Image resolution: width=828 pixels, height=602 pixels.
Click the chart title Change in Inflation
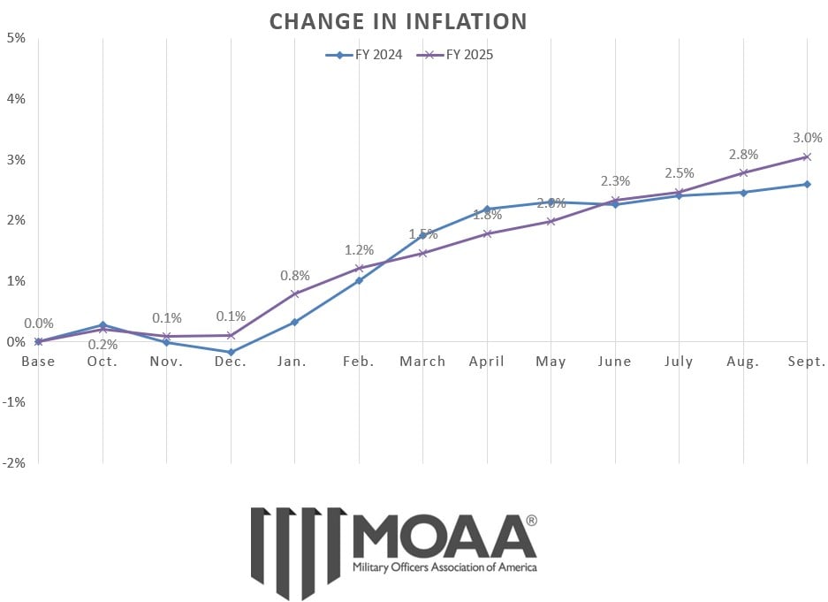point(398,20)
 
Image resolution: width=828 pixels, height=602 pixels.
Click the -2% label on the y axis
point(13,462)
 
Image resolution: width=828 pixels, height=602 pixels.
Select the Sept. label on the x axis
point(806,362)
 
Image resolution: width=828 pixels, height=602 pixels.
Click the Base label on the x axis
point(38,362)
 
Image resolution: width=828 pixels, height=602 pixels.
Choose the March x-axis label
point(422,362)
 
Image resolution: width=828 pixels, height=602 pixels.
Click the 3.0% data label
point(808,138)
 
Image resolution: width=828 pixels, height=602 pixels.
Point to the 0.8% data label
point(295,275)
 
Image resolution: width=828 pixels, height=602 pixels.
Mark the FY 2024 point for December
point(231,352)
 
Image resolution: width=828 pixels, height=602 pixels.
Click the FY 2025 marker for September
point(807,156)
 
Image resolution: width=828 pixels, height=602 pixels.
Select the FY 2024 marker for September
point(807,184)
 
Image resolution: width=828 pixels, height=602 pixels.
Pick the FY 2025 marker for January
point(295,293)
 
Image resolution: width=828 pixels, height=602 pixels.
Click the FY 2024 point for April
point(487,209)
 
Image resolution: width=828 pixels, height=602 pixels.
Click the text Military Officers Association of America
point(444,567)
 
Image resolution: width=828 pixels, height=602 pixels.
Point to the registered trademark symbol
point(530,521)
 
